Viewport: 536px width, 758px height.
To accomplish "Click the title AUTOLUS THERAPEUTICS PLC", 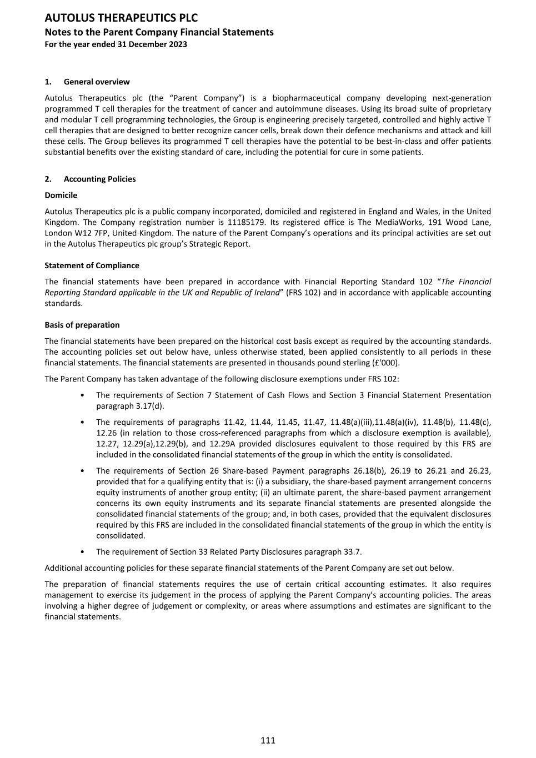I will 121,18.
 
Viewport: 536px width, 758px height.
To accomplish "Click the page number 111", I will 268,740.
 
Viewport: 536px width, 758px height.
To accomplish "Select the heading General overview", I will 97,82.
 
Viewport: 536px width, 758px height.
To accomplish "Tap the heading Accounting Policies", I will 99,179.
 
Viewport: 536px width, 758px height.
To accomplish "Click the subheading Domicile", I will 61,195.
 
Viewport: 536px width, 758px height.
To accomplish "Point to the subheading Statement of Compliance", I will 92,265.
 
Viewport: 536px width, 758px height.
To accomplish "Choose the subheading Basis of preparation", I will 82,325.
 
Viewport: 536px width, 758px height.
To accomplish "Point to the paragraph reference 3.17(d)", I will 149,406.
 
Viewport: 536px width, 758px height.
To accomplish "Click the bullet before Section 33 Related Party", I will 82,552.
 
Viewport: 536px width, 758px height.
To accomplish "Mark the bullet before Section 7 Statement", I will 82,395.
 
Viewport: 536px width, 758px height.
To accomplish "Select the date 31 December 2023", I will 152,44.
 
